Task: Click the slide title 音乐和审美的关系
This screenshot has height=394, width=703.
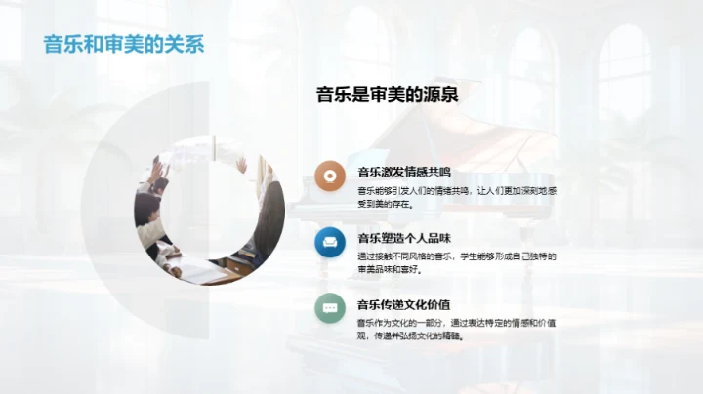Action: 124,45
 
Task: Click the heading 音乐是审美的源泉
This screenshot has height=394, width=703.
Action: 387,95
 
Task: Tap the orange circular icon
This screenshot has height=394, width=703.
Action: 330,177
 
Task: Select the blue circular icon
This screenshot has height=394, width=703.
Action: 330,241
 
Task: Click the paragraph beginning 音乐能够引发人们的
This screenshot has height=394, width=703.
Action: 455,197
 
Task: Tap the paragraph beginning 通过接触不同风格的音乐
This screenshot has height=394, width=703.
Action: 455,261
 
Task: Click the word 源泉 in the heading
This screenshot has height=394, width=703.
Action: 440,95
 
